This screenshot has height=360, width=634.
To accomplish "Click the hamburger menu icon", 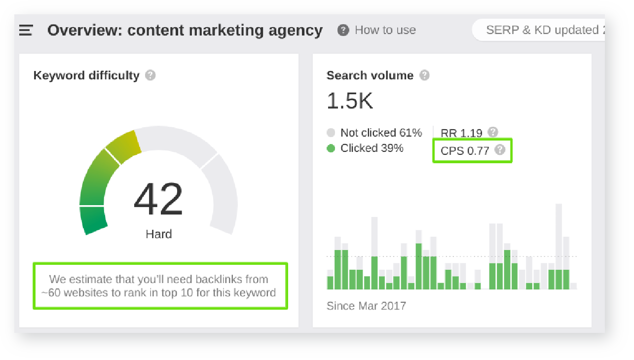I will pos(26,31).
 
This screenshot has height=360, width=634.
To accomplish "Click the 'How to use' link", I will pos(385,30).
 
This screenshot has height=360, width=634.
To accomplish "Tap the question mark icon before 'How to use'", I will pos(343,30).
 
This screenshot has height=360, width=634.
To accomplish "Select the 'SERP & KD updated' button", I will pos(540,30).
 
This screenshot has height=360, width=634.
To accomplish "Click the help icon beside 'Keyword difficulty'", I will pos(150,75).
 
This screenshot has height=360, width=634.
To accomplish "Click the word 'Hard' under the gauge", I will pos(158,234).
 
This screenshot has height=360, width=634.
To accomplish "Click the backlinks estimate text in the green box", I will pos(160,286).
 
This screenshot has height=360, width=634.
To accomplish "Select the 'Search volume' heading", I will pos(370,75).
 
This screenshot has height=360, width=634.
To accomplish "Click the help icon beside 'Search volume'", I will pos(424,75).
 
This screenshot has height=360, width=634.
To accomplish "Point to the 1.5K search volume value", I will pos(350,101).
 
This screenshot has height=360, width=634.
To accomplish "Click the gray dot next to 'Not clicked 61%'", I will pos(331,133).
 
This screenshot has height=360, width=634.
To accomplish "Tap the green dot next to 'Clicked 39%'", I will pos(331,148).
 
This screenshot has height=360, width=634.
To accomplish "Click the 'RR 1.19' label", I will pos(461,133).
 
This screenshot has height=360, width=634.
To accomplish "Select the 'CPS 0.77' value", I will pos(464,150).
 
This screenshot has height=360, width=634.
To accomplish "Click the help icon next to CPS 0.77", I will pos(500,150).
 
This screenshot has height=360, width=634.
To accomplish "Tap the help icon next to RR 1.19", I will pos(492,132).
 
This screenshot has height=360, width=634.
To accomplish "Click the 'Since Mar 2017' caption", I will pos(366,306).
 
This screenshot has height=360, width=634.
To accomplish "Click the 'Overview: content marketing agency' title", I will pos(185,30).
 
